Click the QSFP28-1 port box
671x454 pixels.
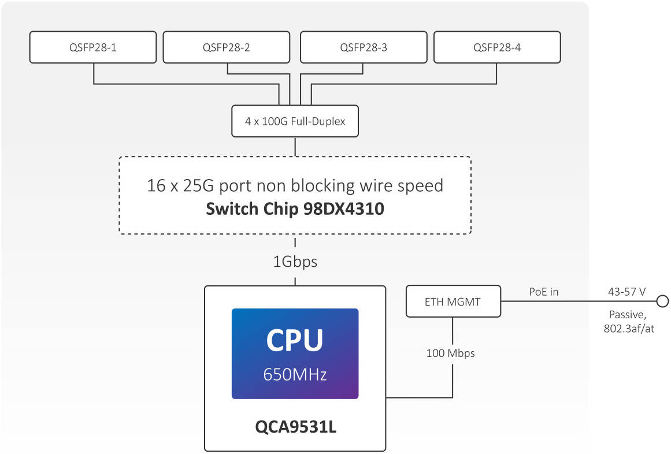93,47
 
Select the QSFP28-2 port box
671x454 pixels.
227,47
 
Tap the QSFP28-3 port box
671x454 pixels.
364,47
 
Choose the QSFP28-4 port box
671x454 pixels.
497,47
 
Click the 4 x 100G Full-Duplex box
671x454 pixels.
295,121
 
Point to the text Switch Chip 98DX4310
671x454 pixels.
295,209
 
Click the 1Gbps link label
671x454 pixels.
295,262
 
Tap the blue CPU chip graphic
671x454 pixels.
295,353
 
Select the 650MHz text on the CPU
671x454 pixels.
295,374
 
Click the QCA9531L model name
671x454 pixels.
296,427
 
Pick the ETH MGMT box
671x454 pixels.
453,302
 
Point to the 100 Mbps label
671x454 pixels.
451,353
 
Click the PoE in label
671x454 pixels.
544,292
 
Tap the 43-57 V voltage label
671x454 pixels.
626,292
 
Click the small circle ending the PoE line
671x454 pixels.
662,302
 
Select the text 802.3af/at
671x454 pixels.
629,328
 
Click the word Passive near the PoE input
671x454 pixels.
626,315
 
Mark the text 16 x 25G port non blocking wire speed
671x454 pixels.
295,186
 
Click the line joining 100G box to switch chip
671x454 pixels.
295,147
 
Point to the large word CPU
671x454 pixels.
295,341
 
